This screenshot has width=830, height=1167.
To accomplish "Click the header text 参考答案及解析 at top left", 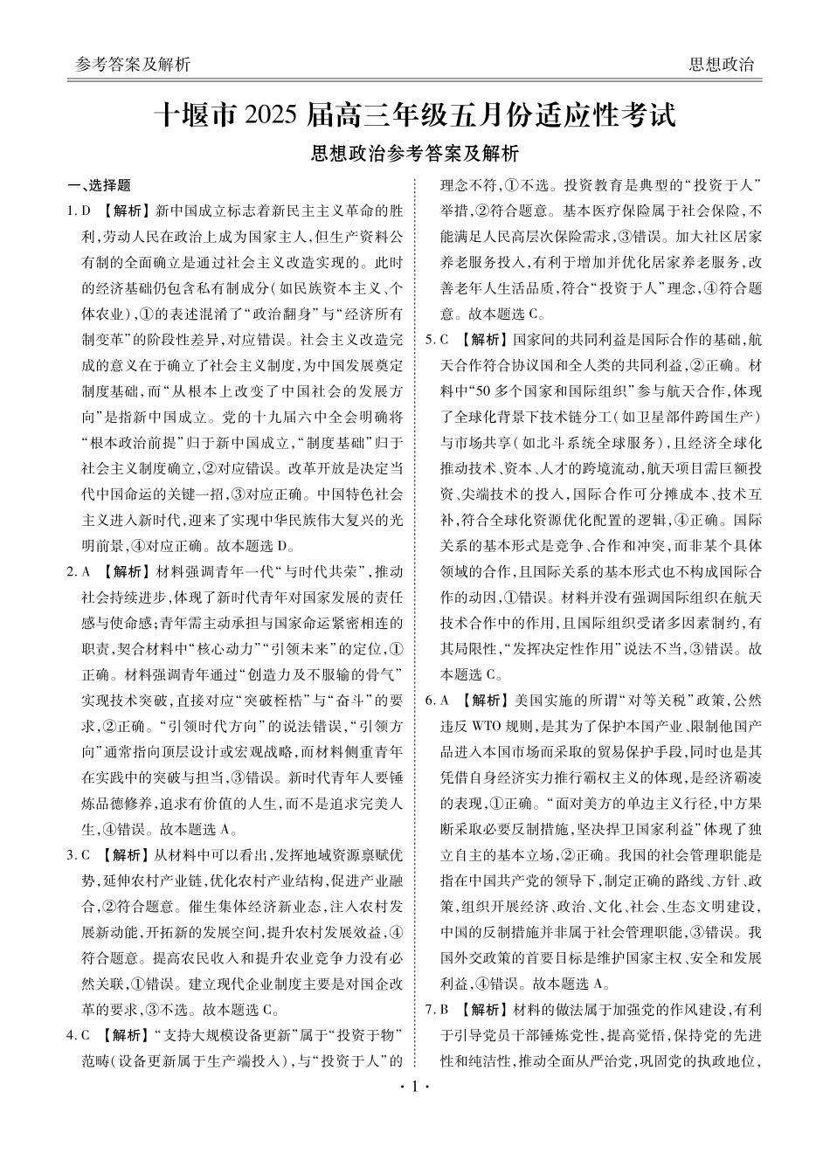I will pyautogui.click(x=133, y=65).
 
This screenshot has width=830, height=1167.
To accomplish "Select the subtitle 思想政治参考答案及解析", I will pyautogui.click(x=415, y=154).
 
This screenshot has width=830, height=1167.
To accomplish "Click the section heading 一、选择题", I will pyautogui.click(x=100, y=185).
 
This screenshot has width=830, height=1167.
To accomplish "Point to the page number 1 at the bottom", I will pyautogui.click(x=415, y=1088).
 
